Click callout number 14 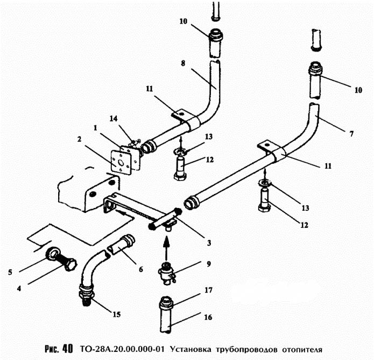[x=114, y=119]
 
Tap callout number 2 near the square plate [x=80, y=139]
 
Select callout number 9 [x=209, y=264]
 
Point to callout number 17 [x=208, y=290]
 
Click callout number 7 [x=351, y=134]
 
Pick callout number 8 [x=183, y=64]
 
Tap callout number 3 [x=209, y=243]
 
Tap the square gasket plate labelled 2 [x=122, y=162]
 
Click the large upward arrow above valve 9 [x=166, y=248]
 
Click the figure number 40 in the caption [x=67, y=349]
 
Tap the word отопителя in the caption [x=302, y=350]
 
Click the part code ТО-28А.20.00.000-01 [x=122, y=349]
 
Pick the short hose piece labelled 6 [x=122, y=244]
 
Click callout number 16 [x=208, y=317]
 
